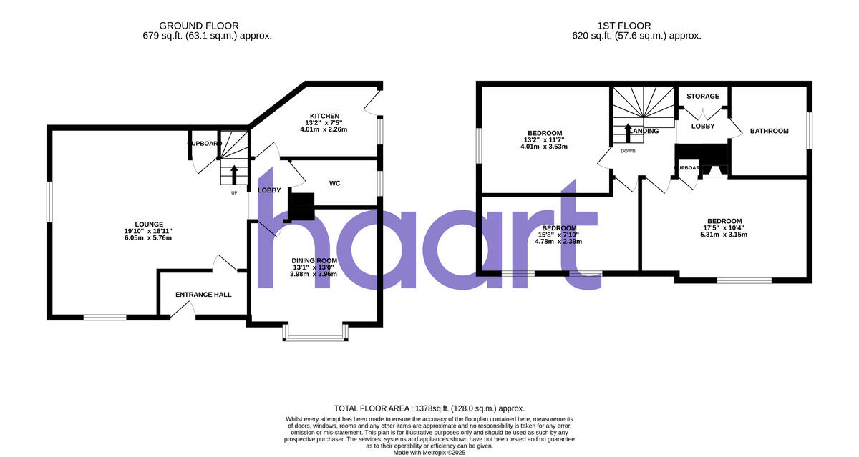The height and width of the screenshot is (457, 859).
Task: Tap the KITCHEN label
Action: tap(324, 116)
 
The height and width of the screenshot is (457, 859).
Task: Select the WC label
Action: tap(334, 184)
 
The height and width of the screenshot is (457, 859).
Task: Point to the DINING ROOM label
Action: tap(314, 260)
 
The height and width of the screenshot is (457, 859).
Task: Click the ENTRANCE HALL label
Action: tap(204, 294)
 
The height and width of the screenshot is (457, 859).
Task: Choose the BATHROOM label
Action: tap(769, 131)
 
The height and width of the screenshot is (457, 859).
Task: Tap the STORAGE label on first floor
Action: tap(703, 96)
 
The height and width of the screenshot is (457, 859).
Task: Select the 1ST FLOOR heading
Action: tap(621, 26)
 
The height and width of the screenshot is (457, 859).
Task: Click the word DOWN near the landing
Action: tap(628, 151)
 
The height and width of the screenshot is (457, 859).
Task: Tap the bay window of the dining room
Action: tap(316, 334)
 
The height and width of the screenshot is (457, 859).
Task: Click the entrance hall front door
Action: tap(183, 309)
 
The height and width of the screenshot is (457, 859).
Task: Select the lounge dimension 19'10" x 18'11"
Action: tap(147, 231)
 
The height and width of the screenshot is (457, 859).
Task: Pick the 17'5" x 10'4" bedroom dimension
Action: tap(724, 229)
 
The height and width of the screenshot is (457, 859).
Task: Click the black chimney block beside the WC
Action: tap(301, 205)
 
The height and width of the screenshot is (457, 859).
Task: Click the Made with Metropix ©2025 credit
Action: tap(429, 452)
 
